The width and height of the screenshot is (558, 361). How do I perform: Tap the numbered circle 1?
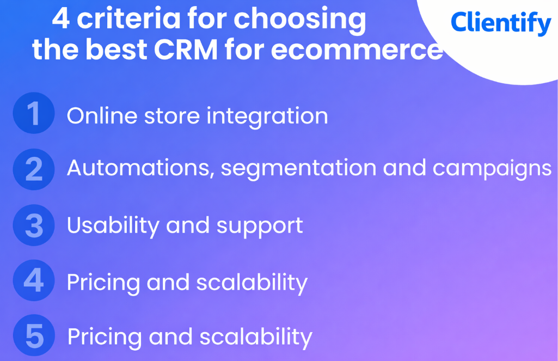click(34, 113)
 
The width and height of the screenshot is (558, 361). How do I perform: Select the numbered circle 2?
click(34, 169)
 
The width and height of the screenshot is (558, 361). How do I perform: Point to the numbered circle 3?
click(34, 225)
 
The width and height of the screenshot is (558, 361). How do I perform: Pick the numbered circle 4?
click(34, 281)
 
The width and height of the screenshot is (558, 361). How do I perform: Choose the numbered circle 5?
click(34, 336)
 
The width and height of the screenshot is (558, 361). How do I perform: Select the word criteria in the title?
click(128, 20)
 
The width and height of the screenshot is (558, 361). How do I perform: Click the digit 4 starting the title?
click(60, 20)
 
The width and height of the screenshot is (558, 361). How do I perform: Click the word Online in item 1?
click(102, 116)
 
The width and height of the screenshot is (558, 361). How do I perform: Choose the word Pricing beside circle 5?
click(105, 338)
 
